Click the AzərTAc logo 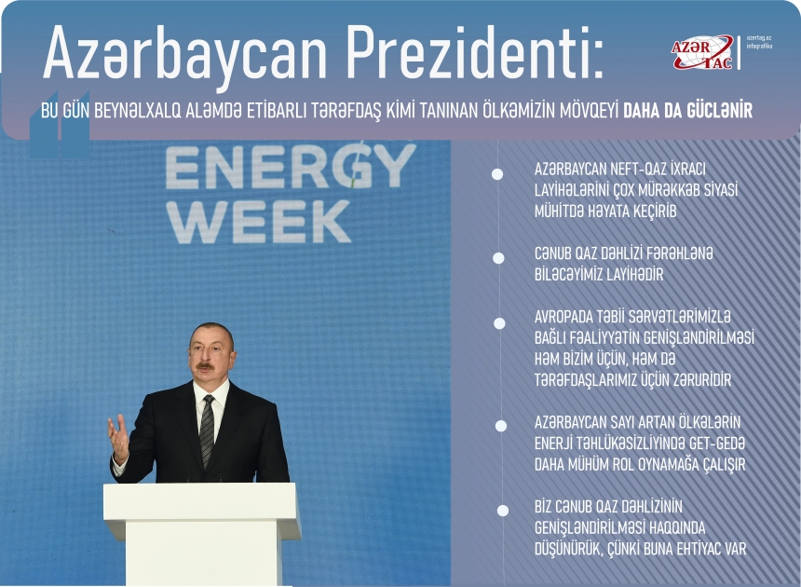click(703, 52)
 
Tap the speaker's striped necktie click(207, 430)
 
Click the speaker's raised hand click(118, 438)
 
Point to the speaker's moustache click(205, 365)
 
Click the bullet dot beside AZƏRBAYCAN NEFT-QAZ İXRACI click(498, 174)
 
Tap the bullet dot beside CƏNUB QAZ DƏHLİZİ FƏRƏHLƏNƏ click(498, 257)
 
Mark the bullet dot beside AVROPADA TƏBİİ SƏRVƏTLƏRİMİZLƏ click(499, 323)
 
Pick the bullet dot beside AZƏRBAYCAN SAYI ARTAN click(500, 425)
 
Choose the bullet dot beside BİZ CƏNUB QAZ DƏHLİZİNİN click(503, 511)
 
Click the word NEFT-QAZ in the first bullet click(636, 170)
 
